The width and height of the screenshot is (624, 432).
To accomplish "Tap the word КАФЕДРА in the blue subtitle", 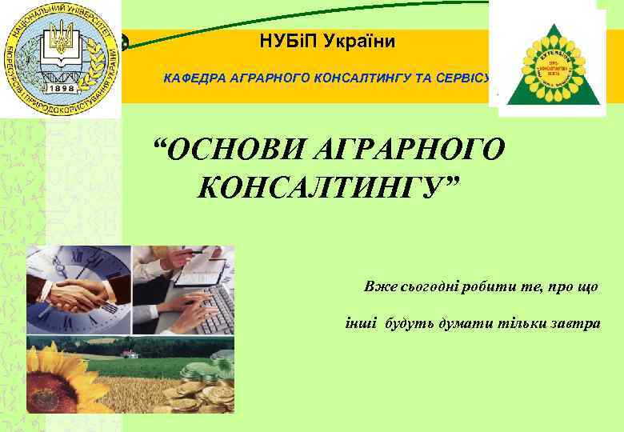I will click(195, 78).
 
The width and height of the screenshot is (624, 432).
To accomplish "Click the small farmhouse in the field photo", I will click(130, 353).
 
